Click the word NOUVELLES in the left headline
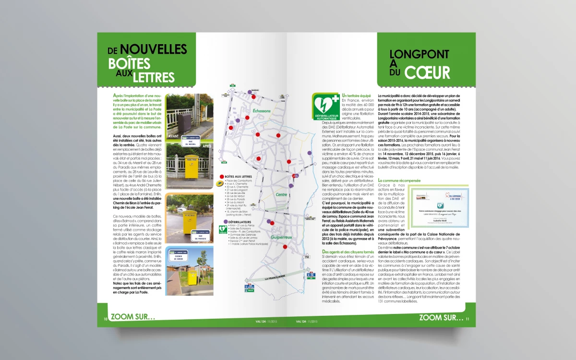[x=153, y=49]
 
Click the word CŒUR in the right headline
[x=427, y=72]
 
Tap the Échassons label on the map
[x=262, y=111]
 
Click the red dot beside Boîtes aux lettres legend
[x=220, y=177]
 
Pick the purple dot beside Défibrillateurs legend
[x=220, y=222]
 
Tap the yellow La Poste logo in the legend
[x=220, y=183]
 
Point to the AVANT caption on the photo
[x=173, y=136]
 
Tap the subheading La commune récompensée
[x=399, y=180]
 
